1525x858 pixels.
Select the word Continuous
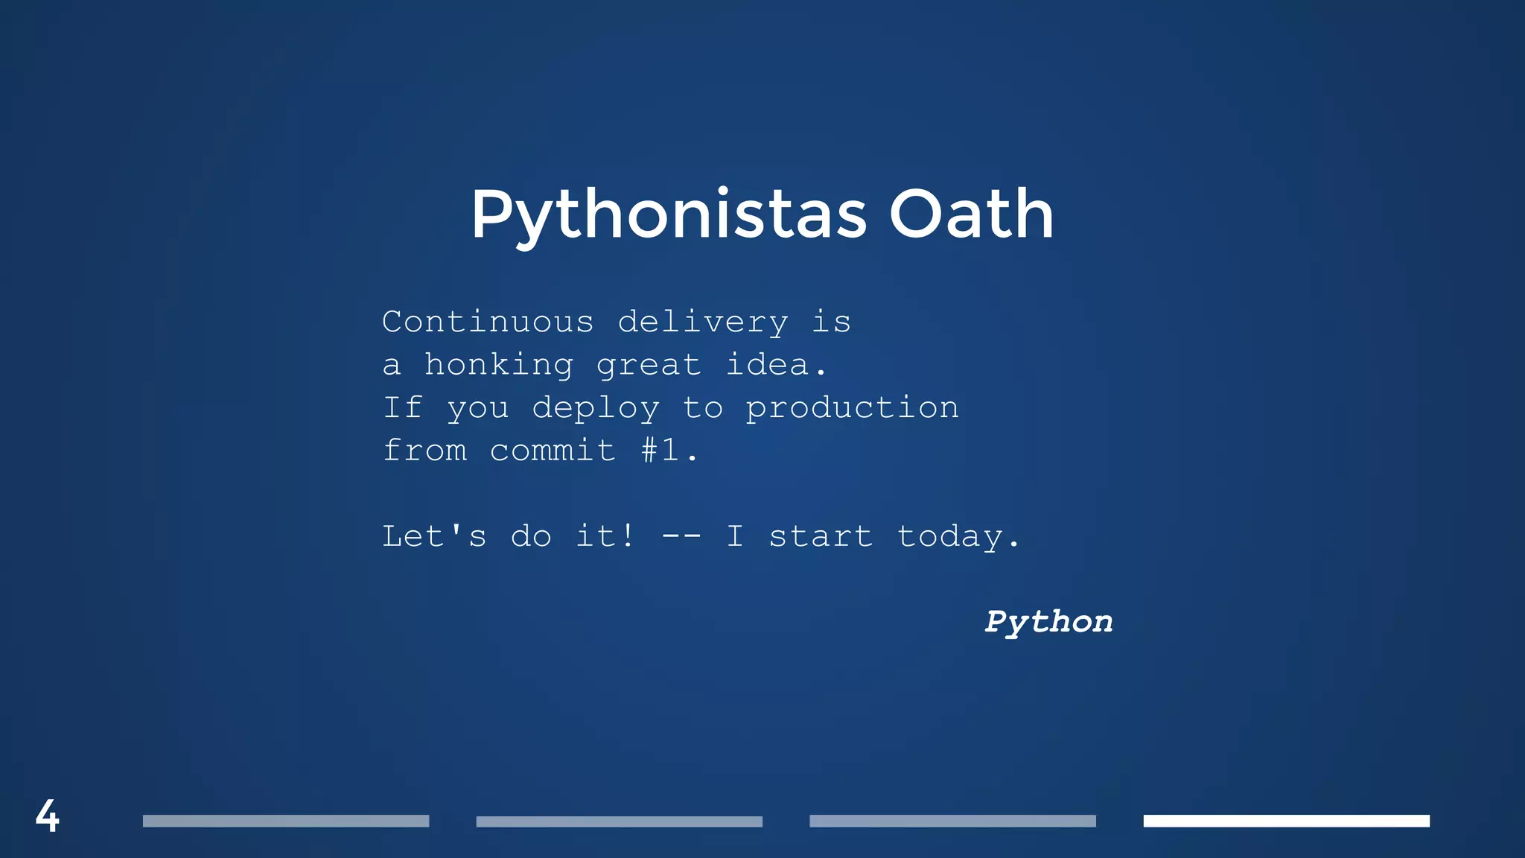(488, 322)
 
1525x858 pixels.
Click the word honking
(498, 366)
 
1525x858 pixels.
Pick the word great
(649, 366)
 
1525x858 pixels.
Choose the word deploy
(595, 409)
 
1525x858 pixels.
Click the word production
(852, 409)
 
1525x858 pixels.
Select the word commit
(552, 450)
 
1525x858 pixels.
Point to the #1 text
(660, 450)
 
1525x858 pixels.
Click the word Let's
(434, 536)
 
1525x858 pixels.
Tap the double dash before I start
(681, 537)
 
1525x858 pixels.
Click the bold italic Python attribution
(1048, 622)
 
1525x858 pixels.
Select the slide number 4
(47, 816)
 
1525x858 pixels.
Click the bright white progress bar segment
(1286, 821)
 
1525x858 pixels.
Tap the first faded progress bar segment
(286, 821)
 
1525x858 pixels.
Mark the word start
(820, 537)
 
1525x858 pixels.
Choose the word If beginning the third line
(403, 407)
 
